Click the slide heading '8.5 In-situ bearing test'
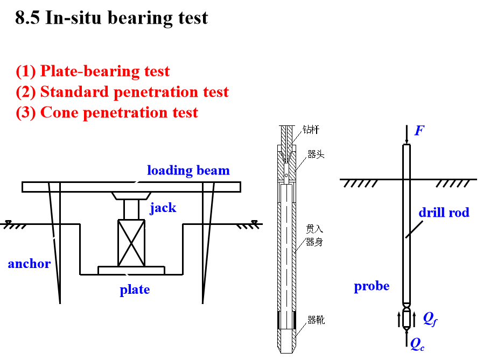(x=111, y=18)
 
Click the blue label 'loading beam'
(x=188, y=171)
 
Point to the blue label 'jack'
(x=163, y=208)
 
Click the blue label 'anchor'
(x=30, y=264)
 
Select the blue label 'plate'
(x=135, y=290)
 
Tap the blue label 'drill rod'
(x=444, y=213)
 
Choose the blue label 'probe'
(x=372, y=286)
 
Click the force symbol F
(x=419, y=130)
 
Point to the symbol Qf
(x=430, y=319)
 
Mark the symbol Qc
(x=417, y=344)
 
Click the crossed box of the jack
(x=131, y=243)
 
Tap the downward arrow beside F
(x=407, y=135)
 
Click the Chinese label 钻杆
(x=311, y=130)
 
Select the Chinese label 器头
(x=316, y=154)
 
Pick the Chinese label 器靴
(x=316, y=320)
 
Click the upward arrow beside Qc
(x=407, y=338)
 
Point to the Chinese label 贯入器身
(x=314, y=235)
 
